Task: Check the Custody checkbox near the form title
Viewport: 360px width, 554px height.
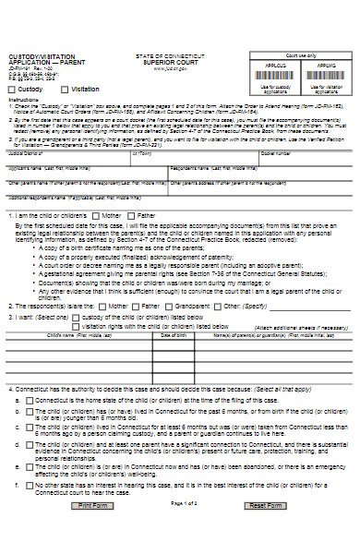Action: pos(12,90)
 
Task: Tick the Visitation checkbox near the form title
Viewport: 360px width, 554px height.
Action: pos(63,90)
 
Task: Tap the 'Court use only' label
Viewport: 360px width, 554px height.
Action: pos(300,56)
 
